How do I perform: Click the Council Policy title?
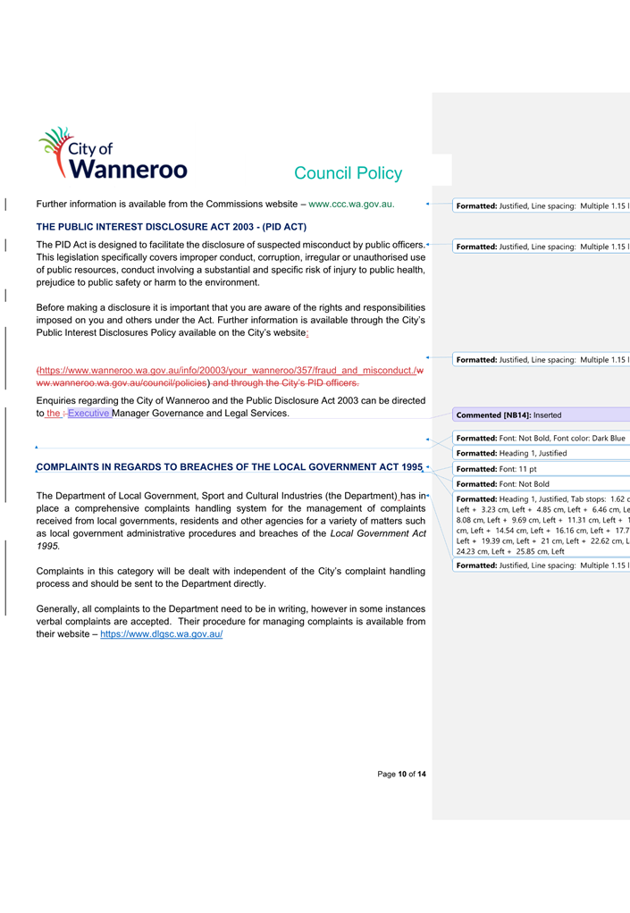pyautogui.click(x=348, y=173)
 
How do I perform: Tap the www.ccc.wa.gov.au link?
pyautogui.click(x=351, y=205)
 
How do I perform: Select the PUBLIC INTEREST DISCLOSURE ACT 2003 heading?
pyautogui.click(x=171, y=227)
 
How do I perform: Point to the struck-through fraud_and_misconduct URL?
pyautogui.click(x=228, y=370)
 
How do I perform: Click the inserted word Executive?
pyautogui.click(x=88, y=414)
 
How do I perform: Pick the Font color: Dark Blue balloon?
pyautogui.click(x=541, y=438)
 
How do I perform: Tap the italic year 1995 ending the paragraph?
pyautogui.click(x=48, y=546)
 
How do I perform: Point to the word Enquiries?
pyautogui.click(x=59, y=400)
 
